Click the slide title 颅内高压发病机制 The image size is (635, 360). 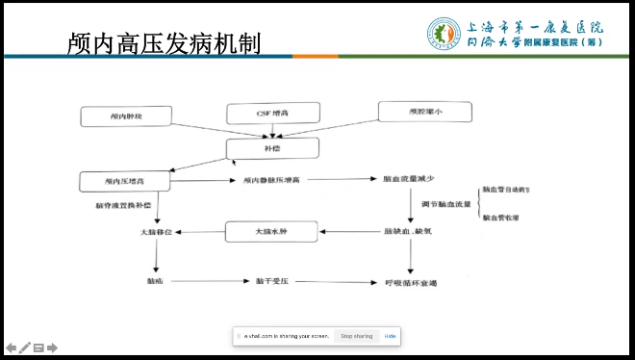pos(164,43)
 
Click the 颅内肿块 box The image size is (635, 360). pos(125,116)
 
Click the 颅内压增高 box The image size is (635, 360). pos(125,180)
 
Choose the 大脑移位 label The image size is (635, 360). pos(155,232)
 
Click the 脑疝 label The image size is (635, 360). pos(155,281)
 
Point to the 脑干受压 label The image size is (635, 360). pos(272,281)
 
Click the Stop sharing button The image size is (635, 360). pos(356,336)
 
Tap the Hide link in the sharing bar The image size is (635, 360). pos(391,336)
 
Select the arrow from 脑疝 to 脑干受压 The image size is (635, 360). pos(211,281)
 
